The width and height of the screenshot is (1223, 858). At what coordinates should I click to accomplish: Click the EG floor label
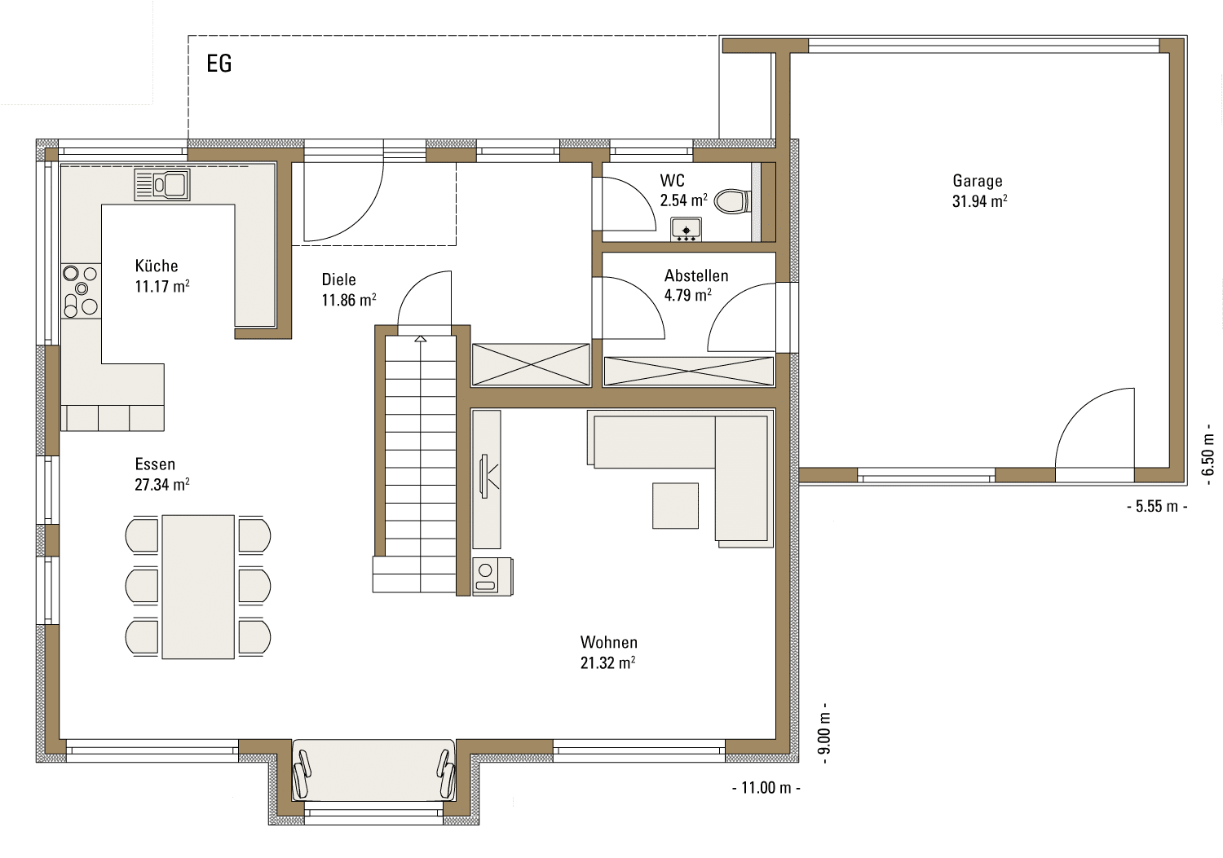(x=219, y=64)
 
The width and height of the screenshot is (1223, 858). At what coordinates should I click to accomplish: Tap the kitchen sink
(x=162, y=184)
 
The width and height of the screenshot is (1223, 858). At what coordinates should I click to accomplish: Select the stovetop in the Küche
(x=81, y=291)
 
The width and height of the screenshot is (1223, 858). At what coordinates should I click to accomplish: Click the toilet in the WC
(x=733, y=201)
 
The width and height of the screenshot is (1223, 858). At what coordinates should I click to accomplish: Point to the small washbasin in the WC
(x=687, y=229)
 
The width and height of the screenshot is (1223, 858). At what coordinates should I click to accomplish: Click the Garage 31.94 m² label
(x=979, y=191)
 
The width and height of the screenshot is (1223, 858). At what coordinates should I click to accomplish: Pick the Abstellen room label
(x=696, y=275)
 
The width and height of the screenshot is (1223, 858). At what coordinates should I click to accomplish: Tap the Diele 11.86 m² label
(x=349, y=290)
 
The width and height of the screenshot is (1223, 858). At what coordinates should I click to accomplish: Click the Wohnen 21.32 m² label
(x=608, y=652)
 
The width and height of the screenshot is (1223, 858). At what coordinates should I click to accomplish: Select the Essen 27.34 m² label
(x=162, y=474)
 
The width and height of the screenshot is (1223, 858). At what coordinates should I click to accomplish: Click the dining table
(x=198, y=587)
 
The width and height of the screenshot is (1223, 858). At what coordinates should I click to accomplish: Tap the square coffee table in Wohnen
(x=675, y=505)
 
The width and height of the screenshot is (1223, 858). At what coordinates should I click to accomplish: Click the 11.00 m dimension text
(x=766, y=788)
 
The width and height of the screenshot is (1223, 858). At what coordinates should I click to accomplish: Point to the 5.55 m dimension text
(x=1156, y=506)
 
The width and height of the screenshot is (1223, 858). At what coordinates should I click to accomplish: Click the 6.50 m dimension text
(x=1208, y=455)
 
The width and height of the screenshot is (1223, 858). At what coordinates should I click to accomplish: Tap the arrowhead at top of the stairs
(x=420, y=339)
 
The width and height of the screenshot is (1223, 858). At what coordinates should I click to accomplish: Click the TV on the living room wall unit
(x=483, y=477)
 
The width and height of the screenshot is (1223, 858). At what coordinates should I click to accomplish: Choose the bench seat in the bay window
(x=374, y=770)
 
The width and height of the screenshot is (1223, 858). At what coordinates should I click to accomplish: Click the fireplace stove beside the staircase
(x=492, y=576)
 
